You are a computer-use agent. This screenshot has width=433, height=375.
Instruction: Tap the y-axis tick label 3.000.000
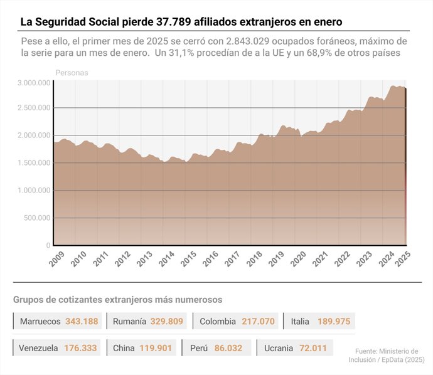[34, 83]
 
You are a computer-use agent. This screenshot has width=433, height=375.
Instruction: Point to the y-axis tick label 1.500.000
[34, 163]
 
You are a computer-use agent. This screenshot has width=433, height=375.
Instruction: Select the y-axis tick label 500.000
[38, 218]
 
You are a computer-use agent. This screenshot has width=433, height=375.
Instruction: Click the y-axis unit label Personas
[72, 73]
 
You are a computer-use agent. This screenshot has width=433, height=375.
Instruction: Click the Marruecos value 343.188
[82, 322]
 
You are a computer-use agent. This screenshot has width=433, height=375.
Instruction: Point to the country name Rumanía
[129, 322]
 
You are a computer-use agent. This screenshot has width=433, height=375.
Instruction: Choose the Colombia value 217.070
[258, 322]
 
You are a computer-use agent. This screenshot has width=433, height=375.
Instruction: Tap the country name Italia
[300, 322]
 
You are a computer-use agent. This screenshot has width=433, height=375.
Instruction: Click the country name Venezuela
[38, 348]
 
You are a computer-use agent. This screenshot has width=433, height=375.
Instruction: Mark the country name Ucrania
[279, 348]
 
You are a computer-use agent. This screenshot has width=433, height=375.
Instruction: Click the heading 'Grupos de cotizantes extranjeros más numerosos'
[117, 300]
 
